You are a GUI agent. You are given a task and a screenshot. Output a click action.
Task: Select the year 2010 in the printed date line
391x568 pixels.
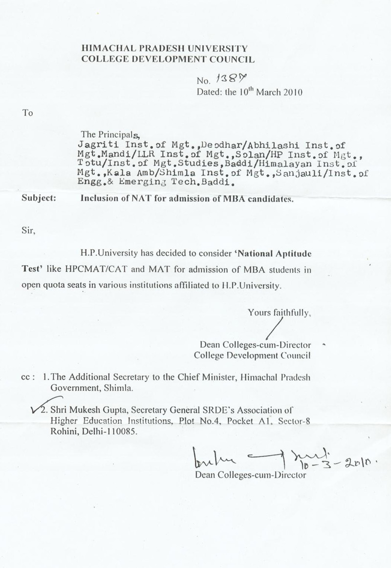pyautogui.click(x=291, y=91)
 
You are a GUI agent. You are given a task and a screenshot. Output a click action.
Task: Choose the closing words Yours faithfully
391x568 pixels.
pyautogui.click(x=279, y=311)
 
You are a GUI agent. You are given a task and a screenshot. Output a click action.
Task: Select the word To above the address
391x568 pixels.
pyautogui.click(x=27, y=113)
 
